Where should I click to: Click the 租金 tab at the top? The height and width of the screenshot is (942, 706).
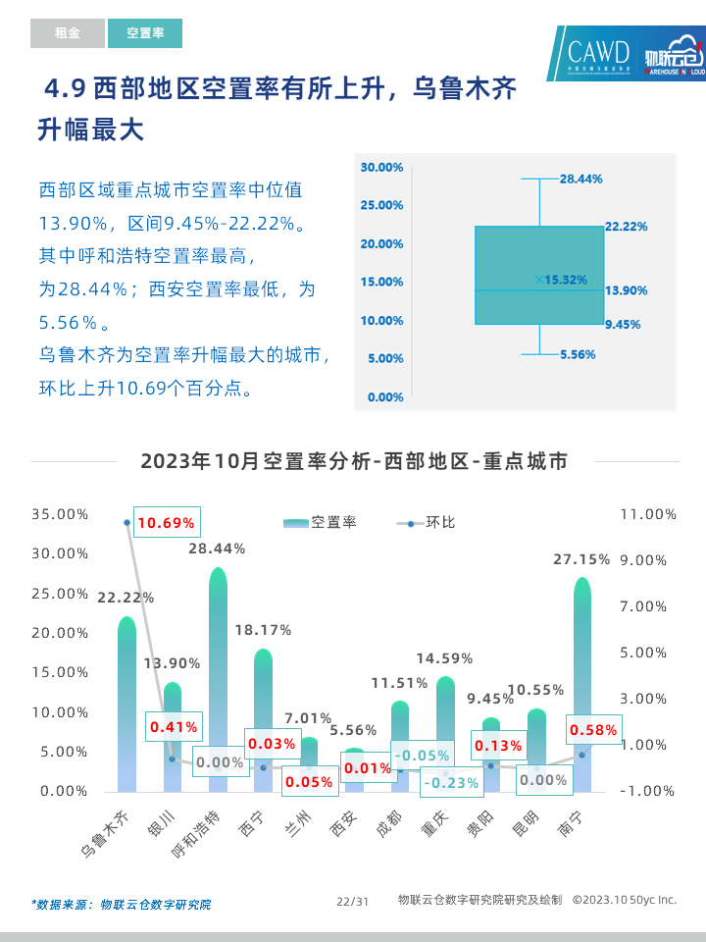(x=67, y=33)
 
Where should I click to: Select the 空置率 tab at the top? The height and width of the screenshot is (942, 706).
(x=145, y=33)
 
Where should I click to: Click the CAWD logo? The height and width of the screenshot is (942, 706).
(x=599, y=51)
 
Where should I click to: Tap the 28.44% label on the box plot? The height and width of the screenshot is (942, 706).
(x=580, y=180)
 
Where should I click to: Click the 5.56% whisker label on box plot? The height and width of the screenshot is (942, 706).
(x=578, y=355)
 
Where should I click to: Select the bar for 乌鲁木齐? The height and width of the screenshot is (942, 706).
(x=126, y=706)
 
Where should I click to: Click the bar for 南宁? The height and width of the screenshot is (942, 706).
(x=582, y=687)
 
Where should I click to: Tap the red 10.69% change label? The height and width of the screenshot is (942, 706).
(x=166, y=523)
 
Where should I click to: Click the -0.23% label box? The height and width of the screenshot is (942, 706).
(x=451, y=782)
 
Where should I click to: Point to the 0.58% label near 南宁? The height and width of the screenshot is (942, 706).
(x=593, y=730)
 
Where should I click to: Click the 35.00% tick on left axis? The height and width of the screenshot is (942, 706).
(x=60, y=514)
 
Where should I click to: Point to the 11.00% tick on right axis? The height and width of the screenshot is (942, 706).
(x=648, y=514)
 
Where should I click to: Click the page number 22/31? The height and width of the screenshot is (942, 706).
(x=352, y=901)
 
